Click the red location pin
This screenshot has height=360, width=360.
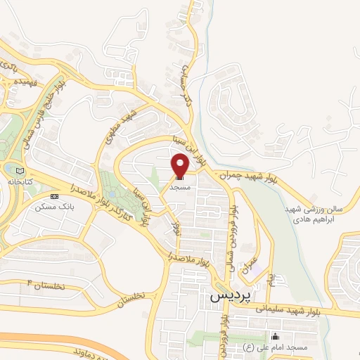180,166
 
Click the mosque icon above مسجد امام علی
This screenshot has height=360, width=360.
274,336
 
